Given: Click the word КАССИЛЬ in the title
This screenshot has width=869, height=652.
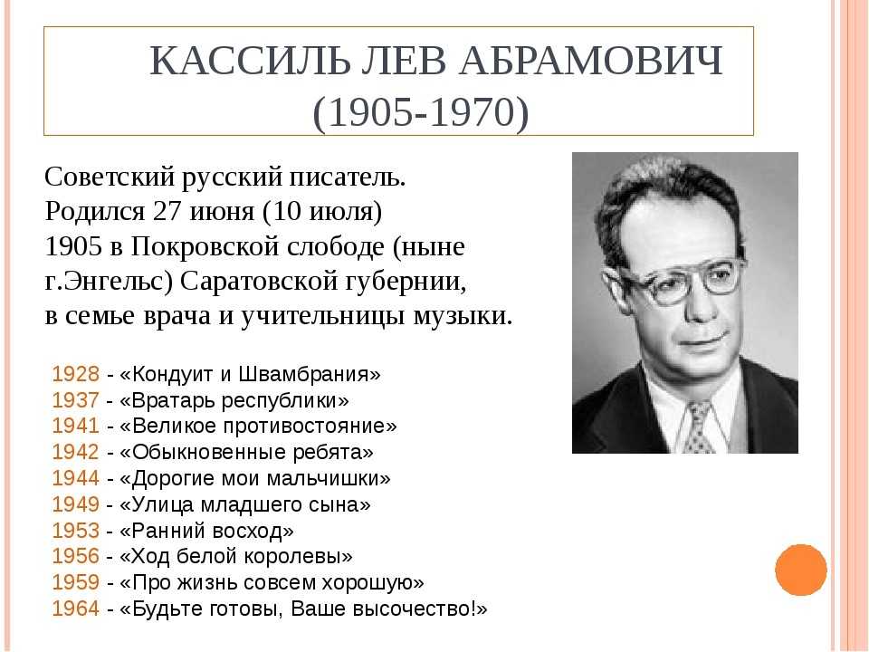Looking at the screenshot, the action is tap(250, 60).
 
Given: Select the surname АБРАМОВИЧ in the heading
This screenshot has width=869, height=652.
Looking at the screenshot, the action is tap(591, 60).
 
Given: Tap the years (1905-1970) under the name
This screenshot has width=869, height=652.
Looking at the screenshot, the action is tap(421, 112).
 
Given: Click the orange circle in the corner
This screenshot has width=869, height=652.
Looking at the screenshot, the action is tap(801, 570).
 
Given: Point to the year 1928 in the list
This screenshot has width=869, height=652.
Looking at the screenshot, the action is tap(76, 374).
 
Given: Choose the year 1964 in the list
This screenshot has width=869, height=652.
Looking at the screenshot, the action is tap(76, 609).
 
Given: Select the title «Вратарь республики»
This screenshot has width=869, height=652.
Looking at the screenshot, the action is tap(234, 400).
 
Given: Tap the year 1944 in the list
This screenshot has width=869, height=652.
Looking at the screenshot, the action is tap(76, 478).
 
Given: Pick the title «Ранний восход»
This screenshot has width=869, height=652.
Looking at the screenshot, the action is tap(206, 531).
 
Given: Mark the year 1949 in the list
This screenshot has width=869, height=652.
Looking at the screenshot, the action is tap(76, 504).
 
